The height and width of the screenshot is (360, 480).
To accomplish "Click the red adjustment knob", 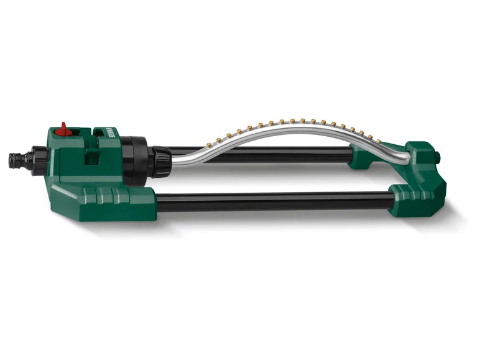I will (63, 129).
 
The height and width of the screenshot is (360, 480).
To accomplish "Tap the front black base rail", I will (274, 201).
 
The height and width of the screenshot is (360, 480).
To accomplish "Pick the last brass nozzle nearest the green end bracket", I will (371, 136).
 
